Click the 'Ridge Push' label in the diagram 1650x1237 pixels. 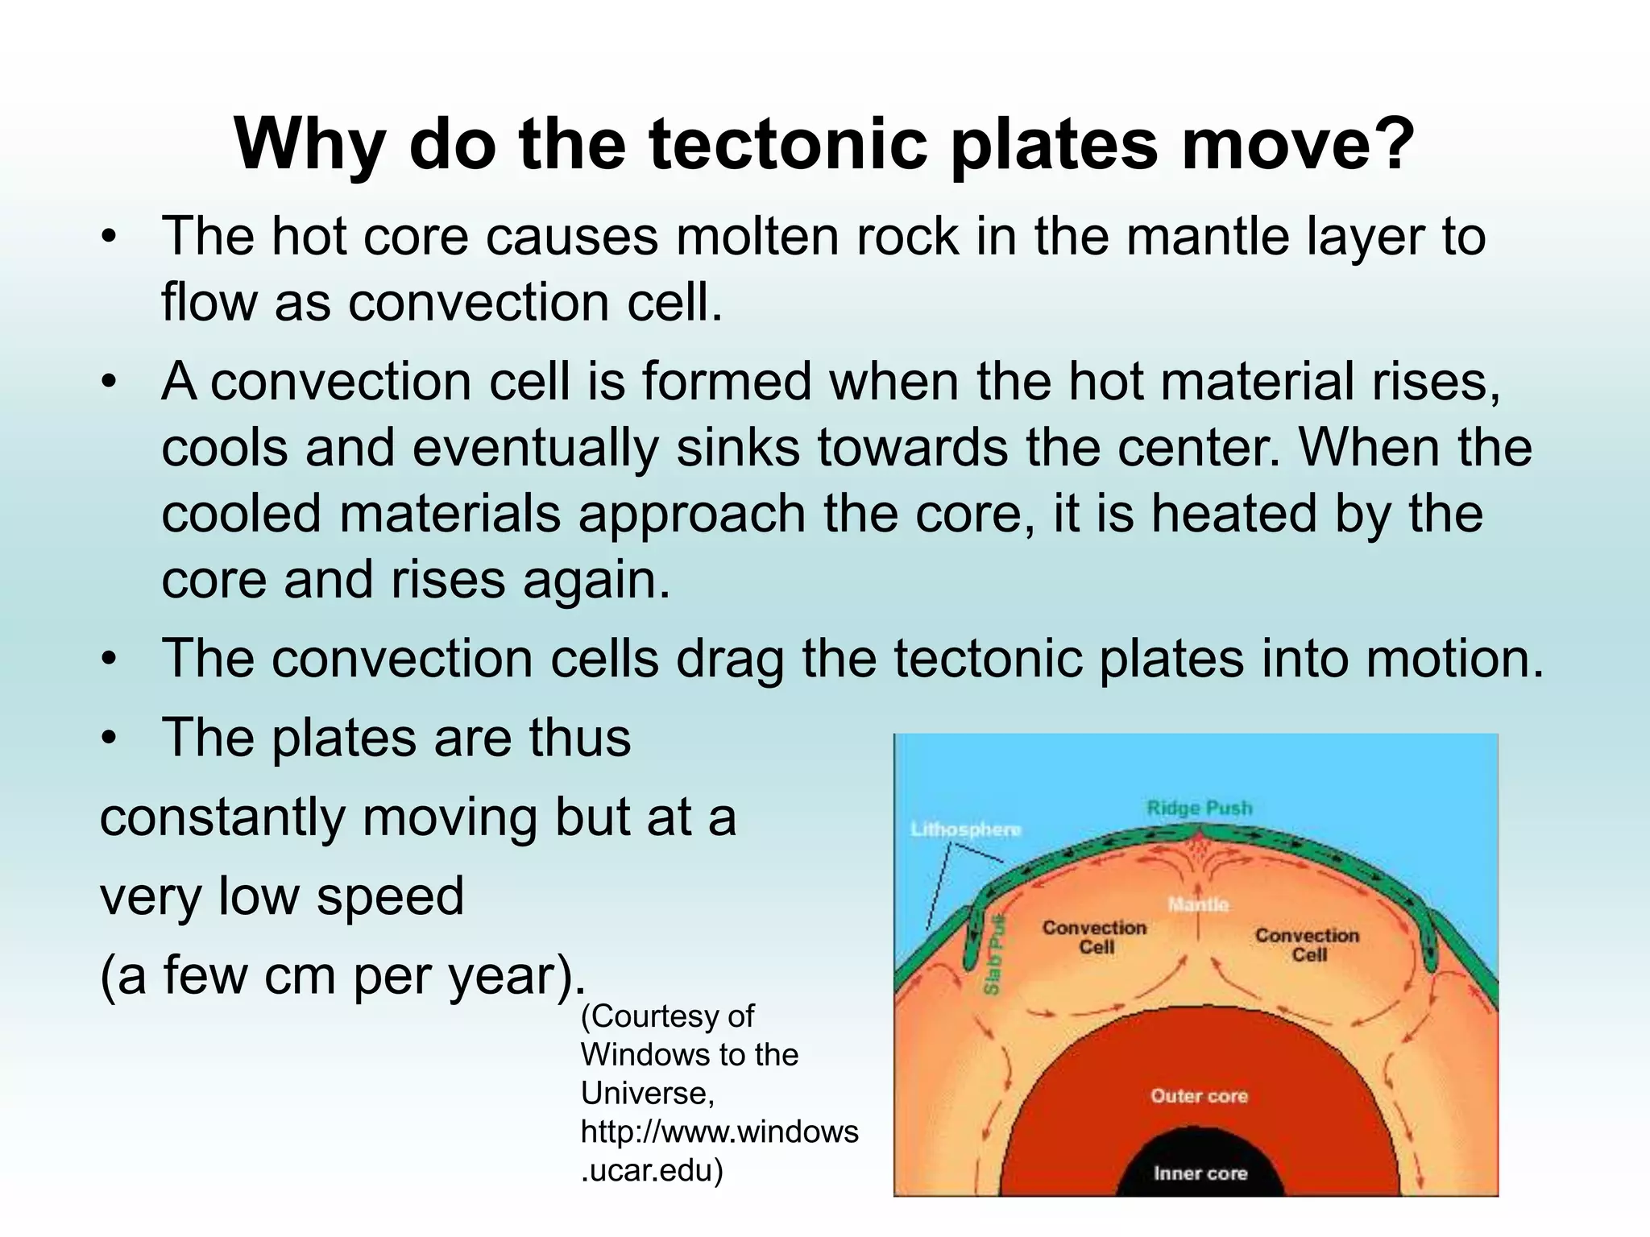pyautogui.click(x=1199, y=808)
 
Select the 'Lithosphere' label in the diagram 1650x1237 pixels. pyautogui.click(x=965, y=829)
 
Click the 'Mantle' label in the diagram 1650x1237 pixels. pyautogui.click(x=1198, y=904)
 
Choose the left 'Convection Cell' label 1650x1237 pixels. pyautogui.click(x=1094, y=937)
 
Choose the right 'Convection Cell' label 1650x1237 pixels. pyautogui.click(x=1307, y=945)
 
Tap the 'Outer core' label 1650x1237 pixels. pyautogui.click(x=1198, y=1096)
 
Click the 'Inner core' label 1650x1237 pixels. pyautogui.click(x=1200, y=1173)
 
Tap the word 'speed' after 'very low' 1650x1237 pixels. pyautogui.click(x=390, y=896)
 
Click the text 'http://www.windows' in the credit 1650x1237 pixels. pyautogui.click(x=719, y=1132)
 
